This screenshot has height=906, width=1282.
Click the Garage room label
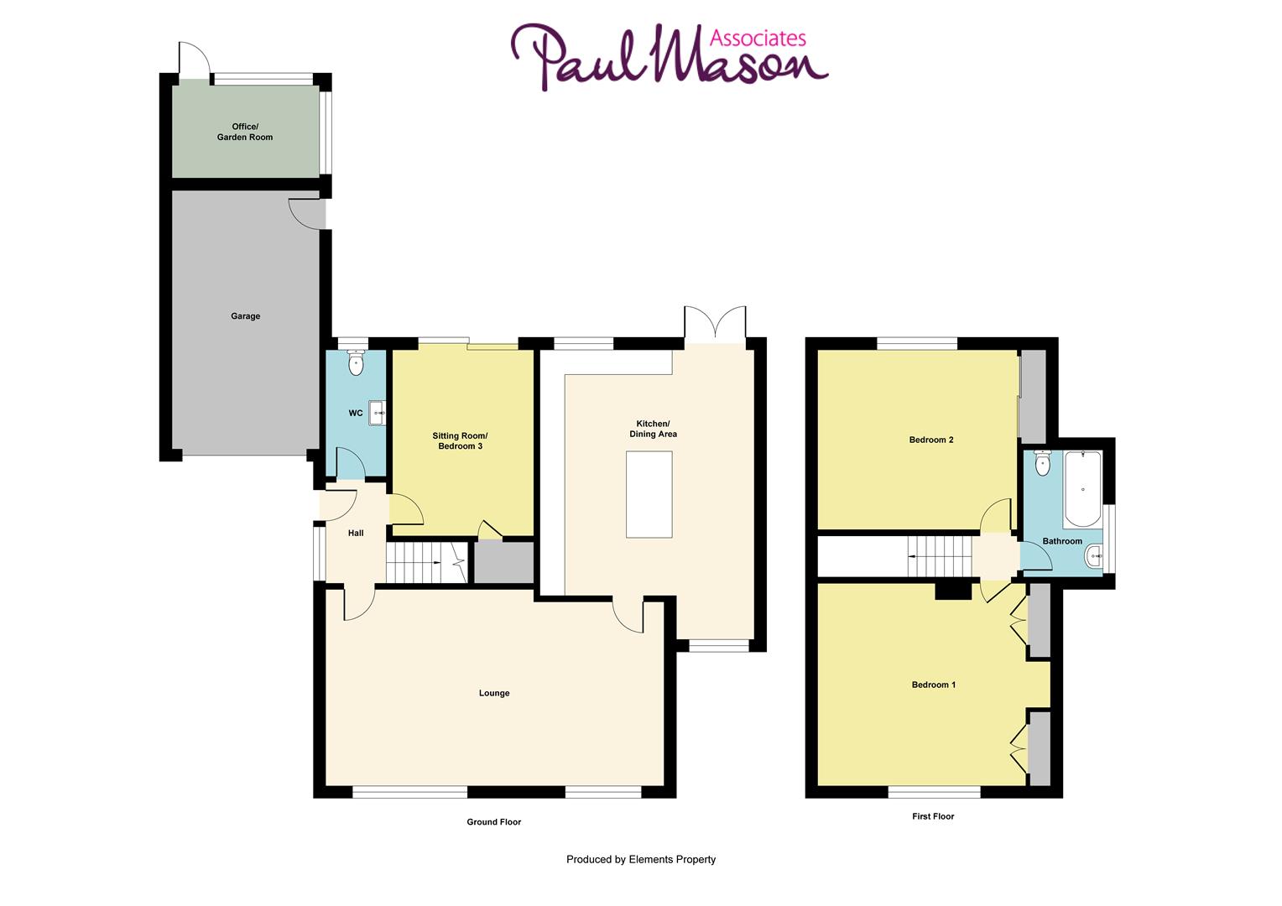pos(245,316)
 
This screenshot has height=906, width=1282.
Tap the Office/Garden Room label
pos(245,132)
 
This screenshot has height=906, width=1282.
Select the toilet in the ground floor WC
pos(357,364)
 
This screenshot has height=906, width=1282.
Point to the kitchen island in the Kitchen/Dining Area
pos(649,494)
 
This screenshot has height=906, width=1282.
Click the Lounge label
pos(494,693)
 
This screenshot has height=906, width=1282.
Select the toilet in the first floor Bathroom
pos(1043,464)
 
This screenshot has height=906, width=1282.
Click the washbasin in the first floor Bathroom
pos(1095,555)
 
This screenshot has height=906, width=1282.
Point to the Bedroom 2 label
pos(931,440)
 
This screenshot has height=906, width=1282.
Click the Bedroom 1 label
pos(934,685)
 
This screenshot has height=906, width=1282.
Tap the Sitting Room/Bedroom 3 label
pos(459,441)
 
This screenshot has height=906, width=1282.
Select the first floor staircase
pos(940,556)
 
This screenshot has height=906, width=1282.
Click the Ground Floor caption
pos(493,822)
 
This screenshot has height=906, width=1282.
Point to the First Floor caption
pos(933,816)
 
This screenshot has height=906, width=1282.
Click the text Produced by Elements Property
pos(641,859)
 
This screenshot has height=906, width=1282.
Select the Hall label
pos(356,533)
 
